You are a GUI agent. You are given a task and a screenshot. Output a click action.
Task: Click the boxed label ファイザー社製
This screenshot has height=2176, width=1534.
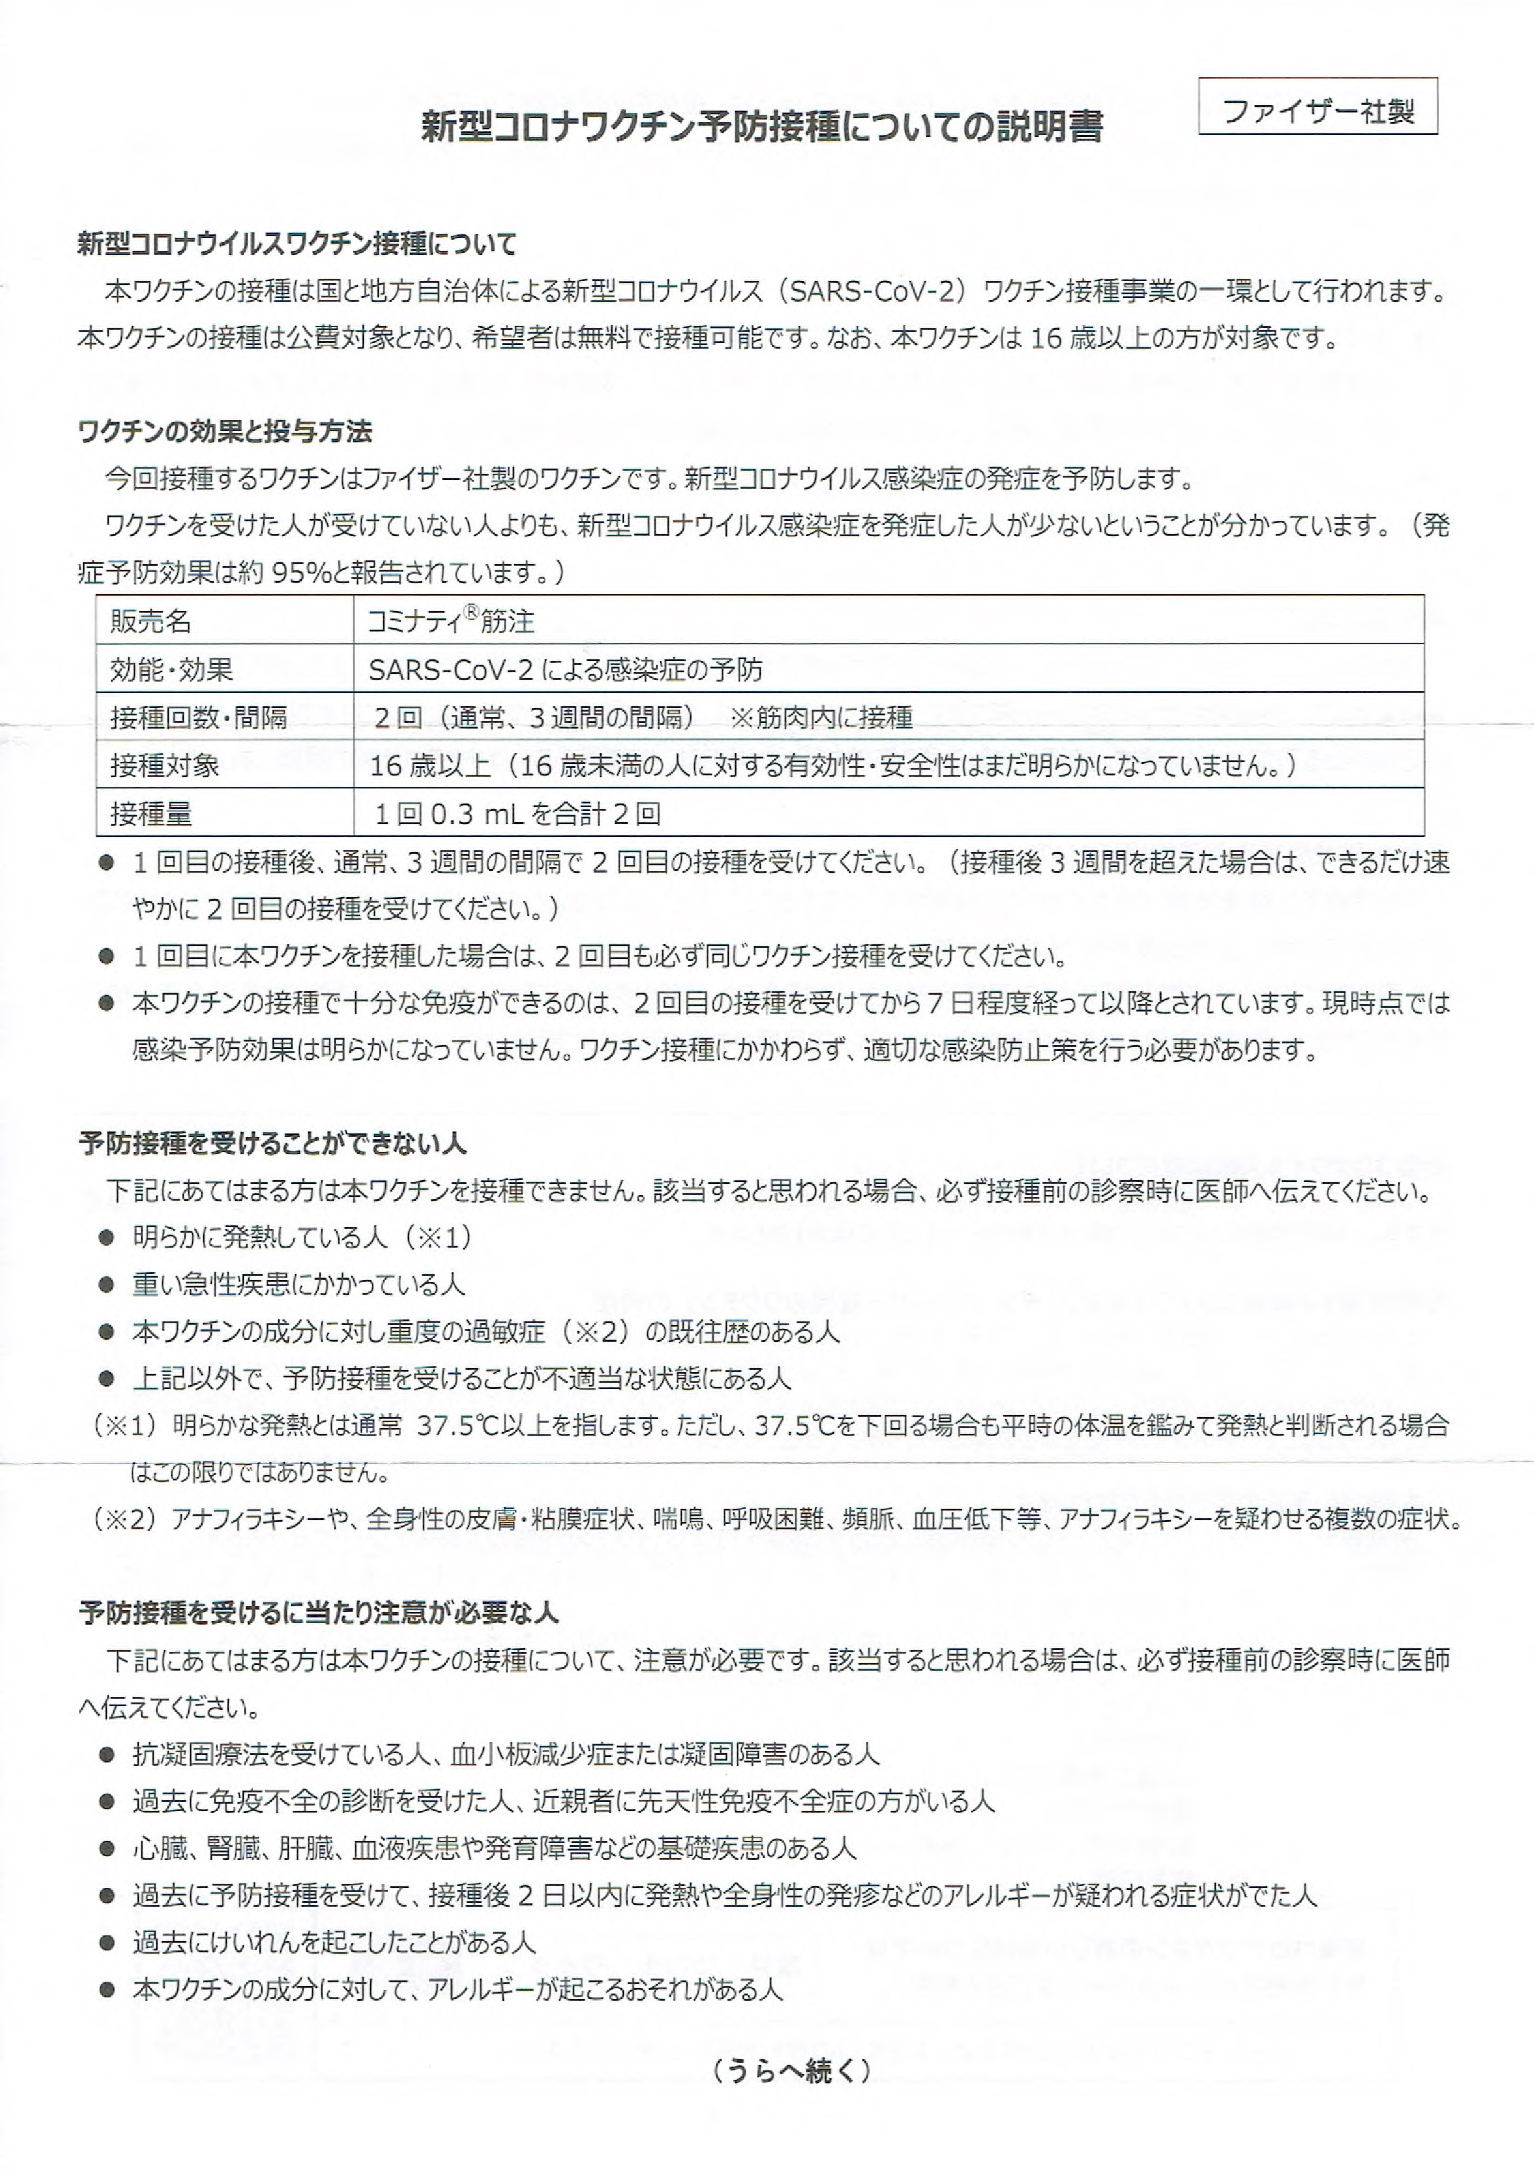(1318, 110)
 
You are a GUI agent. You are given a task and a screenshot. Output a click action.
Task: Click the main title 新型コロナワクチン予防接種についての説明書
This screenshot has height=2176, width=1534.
(761, 127)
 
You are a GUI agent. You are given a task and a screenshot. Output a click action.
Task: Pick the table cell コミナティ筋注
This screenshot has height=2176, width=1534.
(451, 622)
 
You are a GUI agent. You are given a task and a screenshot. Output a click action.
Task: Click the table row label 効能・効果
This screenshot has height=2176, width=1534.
(172, 670)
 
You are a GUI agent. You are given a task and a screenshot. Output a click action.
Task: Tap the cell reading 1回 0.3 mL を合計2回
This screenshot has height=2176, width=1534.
(517, 813)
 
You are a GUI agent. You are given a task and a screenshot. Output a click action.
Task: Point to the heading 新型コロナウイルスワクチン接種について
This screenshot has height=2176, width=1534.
(297, 244)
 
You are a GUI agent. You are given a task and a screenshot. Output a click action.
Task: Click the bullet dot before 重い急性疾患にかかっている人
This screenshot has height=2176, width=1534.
(106, 1285)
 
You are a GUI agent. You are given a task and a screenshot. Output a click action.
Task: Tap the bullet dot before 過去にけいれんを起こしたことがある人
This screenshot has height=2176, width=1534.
(106, 1944)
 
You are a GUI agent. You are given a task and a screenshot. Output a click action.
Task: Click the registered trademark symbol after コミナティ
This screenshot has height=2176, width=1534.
(470, 613)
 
